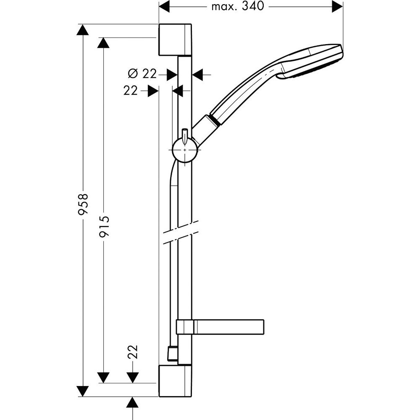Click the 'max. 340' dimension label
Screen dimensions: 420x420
coord(238,6)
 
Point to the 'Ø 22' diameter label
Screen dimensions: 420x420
coord(142,73)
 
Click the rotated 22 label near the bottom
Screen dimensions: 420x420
coord(133,352)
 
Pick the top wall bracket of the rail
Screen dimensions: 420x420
coord(175,39)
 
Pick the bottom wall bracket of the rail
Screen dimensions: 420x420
coord(175,381)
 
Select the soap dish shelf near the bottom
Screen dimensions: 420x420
coord(220,327)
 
